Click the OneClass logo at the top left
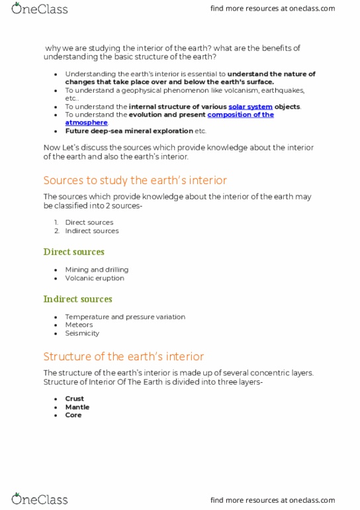(39, 9)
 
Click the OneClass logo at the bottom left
(39, 499)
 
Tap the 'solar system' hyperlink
(250, 107)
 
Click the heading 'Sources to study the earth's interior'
(135, 180)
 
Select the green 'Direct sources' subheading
(73, 252)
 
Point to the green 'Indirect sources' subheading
(77, 299)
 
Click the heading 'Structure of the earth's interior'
(124, 356)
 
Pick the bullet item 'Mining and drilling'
(97, 270)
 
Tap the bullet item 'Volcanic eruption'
(95, 278)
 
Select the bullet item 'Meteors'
(79, 325)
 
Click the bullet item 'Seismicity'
(82, 333)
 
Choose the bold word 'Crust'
(73, 399)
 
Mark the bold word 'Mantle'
(77, 407)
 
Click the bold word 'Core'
(73, 415)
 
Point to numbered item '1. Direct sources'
(89, 223)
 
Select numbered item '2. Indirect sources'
(91, 231)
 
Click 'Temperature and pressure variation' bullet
(125, 317)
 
